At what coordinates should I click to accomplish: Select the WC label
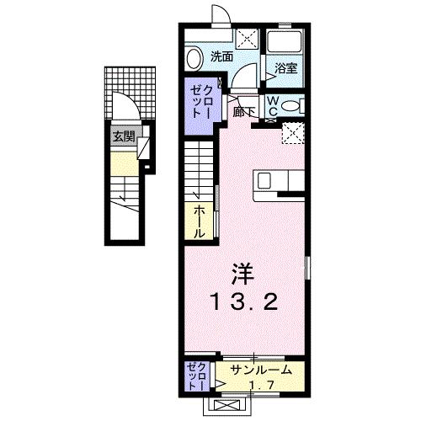click(x=274, y=105)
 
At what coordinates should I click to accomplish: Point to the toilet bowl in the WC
click(x=290, y=106)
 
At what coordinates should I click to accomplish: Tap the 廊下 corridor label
click(x=244, y=110)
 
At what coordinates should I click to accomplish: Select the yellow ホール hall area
click(x=199, y=216)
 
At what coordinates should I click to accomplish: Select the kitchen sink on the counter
click(x=264, y=179)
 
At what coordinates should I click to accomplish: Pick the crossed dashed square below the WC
click(x=293, y=133)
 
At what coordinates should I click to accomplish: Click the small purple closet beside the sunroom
click(x=196, y=376)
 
